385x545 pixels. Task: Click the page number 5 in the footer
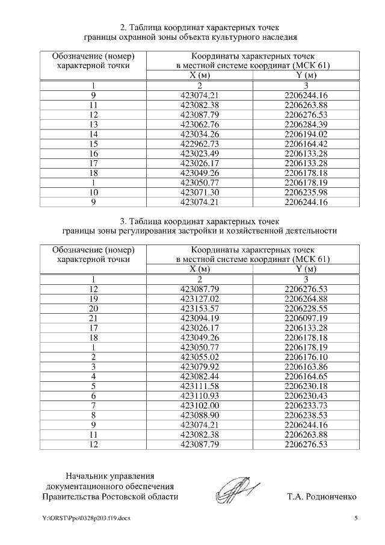[x=356, y=518]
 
